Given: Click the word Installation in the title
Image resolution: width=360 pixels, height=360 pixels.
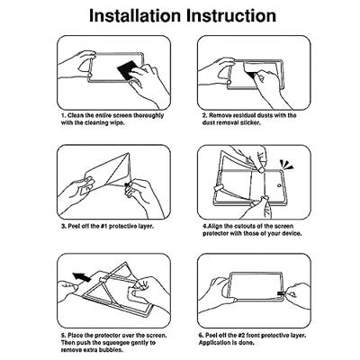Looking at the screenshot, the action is (136, 15).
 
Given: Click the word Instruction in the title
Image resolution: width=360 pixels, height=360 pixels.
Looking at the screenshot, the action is (231, 15).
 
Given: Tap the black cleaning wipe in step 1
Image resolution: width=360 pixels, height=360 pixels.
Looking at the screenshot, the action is (127, 71).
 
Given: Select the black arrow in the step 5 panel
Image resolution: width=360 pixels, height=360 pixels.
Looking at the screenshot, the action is (82, 276).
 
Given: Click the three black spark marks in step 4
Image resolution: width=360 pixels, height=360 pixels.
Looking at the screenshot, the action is (285, 165).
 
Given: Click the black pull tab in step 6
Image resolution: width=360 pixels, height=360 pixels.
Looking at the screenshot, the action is (281, 293).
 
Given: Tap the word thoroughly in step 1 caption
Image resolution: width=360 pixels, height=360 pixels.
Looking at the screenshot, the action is (148, 115).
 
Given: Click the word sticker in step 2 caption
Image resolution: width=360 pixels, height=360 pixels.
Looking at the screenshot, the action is (250, 122).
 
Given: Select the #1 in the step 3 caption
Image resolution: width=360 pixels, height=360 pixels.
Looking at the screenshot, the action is (103, 226).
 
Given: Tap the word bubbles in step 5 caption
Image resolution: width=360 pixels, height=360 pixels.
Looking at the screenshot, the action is (113, 349).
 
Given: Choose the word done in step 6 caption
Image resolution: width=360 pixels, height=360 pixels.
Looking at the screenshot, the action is (247, 342).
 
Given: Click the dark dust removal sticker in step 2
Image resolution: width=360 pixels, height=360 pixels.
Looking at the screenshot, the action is (251, 74).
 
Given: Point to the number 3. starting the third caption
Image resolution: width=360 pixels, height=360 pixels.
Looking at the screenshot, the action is (64, 226).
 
